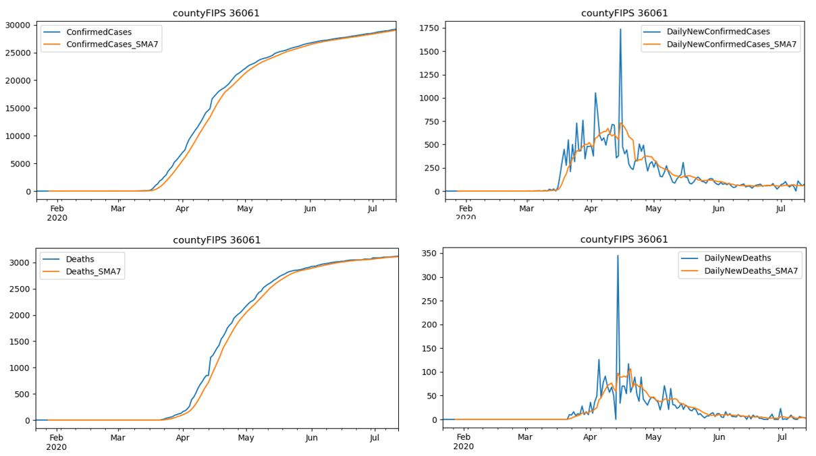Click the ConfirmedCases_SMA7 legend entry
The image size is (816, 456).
pyautogui.click(x=113, y=45)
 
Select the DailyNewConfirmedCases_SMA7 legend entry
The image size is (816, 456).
pyautogui.click(x=731, y=45)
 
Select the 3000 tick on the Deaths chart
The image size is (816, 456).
pyautogui.click(x=20, y=262)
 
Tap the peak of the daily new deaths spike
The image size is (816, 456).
pyautogui.click(x=618, y=256)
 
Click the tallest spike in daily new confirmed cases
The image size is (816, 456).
pyautogui.click(x=620, y=29)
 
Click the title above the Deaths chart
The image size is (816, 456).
pyautogui.click(x=217, y=240)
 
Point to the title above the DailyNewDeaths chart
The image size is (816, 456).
pyautogui.click(x=624, y=239)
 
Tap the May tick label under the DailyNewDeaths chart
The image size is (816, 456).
pyautogui.click(x=653, y=436)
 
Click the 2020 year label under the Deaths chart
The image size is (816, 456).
pyautogui.click(x=57, y=447)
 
